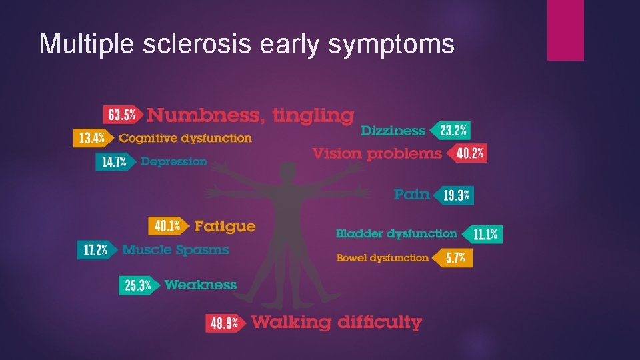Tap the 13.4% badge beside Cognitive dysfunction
(x=91, y=138)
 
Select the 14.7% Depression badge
(x=114, y=161)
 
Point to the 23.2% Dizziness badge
(x=452, y=130)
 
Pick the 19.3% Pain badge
(x=456, y=195)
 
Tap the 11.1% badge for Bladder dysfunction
(x=485, y=234)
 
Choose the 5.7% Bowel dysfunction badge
(x=455, y=258)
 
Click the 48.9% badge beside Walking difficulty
(x=225, y=323)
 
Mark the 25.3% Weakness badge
(x=137, y=285)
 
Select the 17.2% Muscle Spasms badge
(x=95, y=250)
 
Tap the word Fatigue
(x=225, y=226)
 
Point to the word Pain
(x=411, y=194)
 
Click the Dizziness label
(x=393, y=131)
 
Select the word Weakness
(x=200, y=285)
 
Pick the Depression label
(x=174, y=161)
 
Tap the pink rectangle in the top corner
(x=565, y=30)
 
